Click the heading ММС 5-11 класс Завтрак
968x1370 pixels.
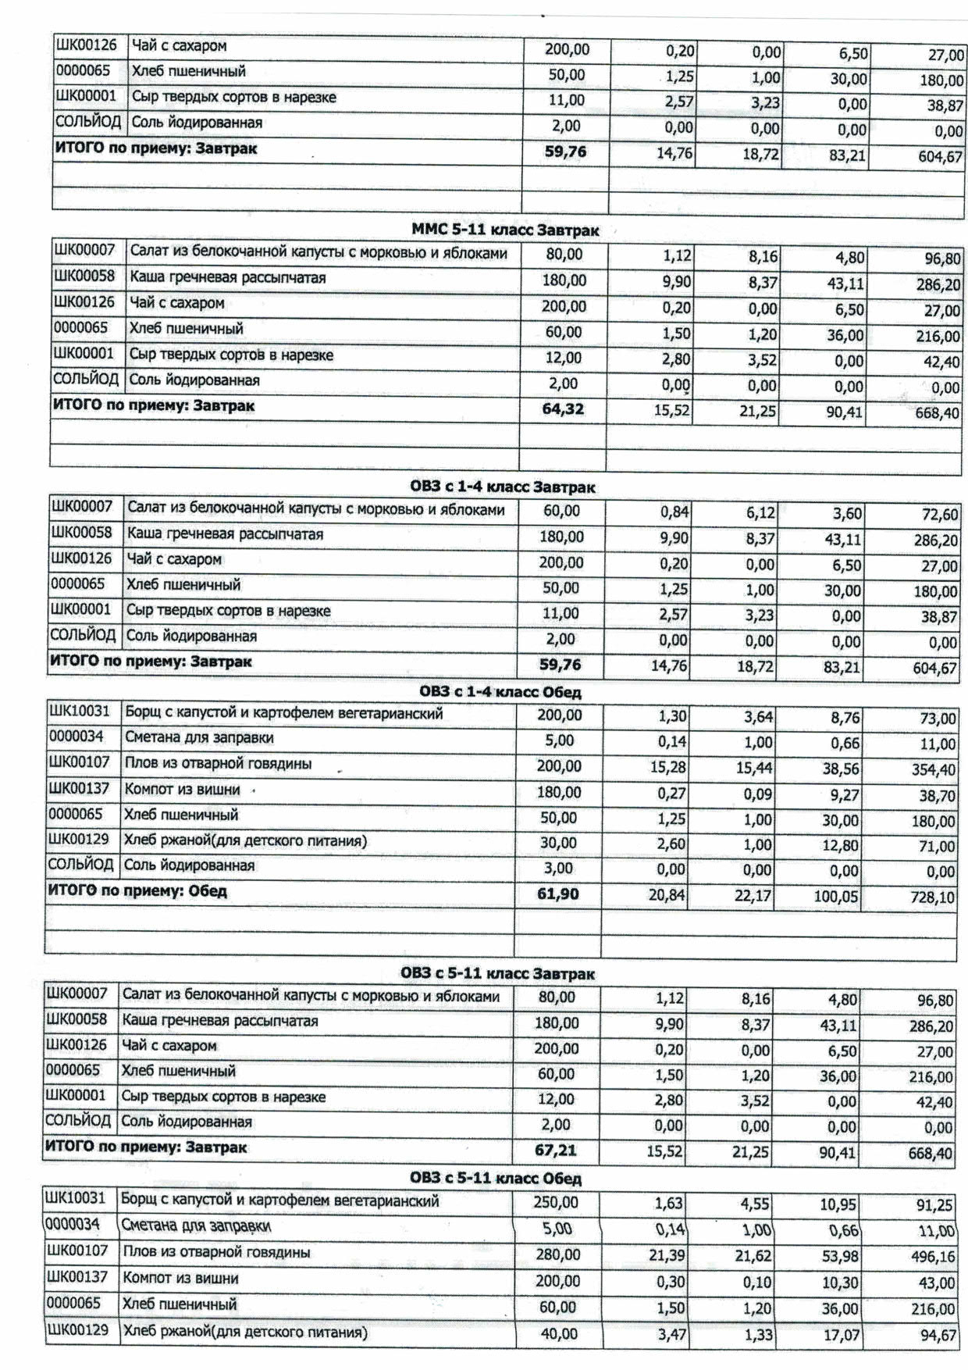[x=505, y=230]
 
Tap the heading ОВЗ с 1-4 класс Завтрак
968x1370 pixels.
[x=502, y=487]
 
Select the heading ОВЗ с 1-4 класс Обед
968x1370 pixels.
[x=500, y=692]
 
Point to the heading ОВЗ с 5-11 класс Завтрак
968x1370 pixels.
[x=497, y=974]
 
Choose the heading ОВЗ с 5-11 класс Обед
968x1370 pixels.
[x=496, y=1178]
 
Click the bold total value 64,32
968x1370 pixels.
[x=562, y=409]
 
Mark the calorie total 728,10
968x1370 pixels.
[x=932, y=897]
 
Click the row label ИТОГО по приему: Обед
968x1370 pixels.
[x=137, y=891]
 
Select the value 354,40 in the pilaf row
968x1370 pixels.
[x=933, y=770]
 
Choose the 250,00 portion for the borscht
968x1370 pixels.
[x=556, y=1203]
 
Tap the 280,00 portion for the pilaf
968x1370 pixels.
[x=557, y=1254]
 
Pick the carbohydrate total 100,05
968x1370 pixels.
[x=836, y=897]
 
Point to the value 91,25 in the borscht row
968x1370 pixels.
[x=934, y=1206]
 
